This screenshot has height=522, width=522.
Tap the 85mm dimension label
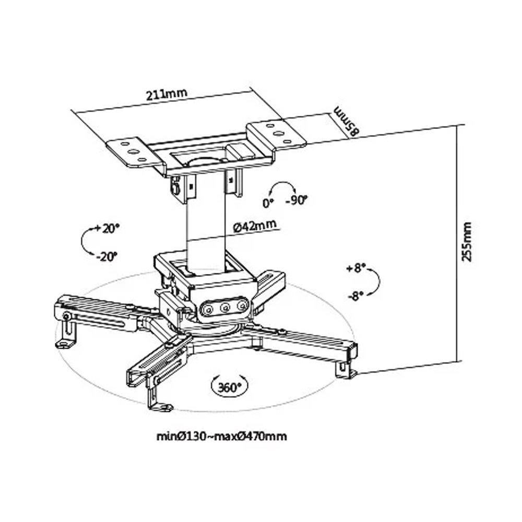point(347,121)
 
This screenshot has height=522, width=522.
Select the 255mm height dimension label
point(467,242)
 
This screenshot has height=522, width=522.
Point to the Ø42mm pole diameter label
point(255,226)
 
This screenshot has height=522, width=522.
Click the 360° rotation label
point(229,387)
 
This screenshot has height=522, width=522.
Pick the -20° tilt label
point(106,257)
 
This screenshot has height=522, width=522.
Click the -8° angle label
point(356,295)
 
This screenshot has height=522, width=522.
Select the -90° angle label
point(296,201)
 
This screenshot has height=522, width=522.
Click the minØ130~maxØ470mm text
point(222,436)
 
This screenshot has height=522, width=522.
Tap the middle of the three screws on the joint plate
point(225,308)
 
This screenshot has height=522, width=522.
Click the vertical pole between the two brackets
point(206,227)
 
